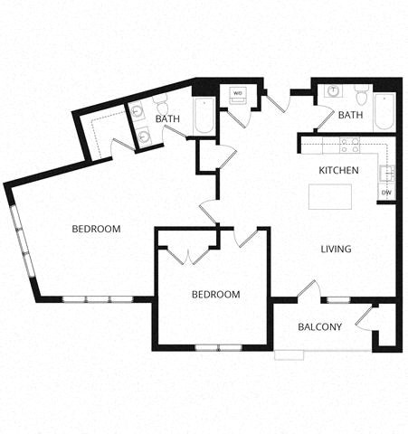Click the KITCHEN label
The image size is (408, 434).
(x=339, y=170)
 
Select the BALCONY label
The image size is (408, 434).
(x=320, y=326)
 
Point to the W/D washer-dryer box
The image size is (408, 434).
(x=239, y=94)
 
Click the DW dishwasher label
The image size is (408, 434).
(x=386, y=192)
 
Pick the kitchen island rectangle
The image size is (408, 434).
(x=327, y=196)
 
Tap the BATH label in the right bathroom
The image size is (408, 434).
(x=350, y=116)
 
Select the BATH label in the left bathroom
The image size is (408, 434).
(x=167, y=118)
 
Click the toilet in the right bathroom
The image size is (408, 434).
(x=361, y=93)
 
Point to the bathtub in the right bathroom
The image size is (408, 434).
(x=384, y=112)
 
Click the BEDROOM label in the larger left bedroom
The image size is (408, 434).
(x=96, y=229)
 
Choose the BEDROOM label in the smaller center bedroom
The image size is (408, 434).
(x=215, y=295)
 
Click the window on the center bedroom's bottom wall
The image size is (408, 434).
(x=217, y=348)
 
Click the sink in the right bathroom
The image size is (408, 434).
(x=332, y=91)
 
